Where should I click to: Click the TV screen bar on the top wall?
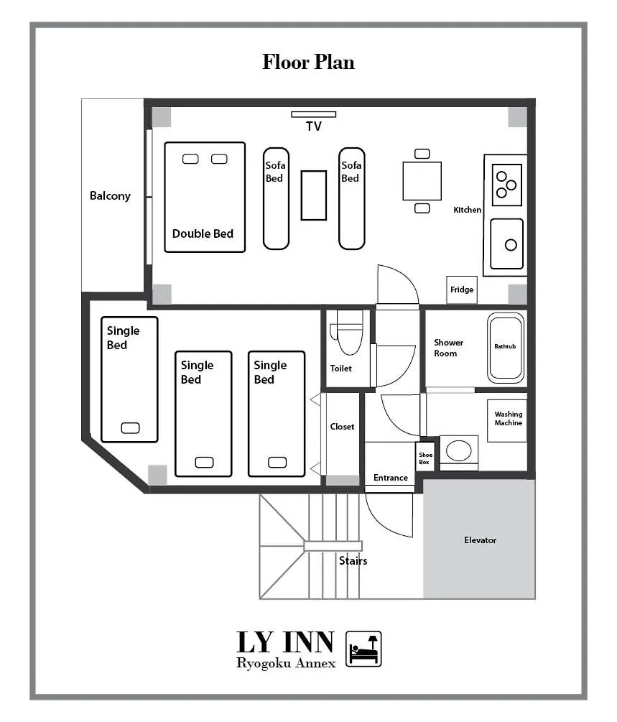coord(314,114)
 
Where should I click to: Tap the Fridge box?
coord(462,290)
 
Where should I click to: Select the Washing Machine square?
coord(507,420)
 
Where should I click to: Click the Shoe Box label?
coord(425,458)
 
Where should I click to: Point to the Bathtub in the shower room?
coord(506,348)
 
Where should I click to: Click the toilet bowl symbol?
coord(348,333)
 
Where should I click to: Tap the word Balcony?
coord(110,196)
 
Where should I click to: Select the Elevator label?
coord(481,540)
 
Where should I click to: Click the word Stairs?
coord(353,561)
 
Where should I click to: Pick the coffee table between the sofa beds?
coord(314,195)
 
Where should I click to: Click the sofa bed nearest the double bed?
coord(277,198)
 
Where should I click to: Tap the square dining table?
coord(422,181)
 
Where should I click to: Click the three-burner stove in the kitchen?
coord(507,185)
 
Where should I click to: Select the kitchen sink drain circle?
coord(511,245)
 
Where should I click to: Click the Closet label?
coord(342,427)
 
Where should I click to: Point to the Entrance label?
coord(391,478)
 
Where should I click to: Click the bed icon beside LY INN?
coord(363,649)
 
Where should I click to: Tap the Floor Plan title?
coord(309,63)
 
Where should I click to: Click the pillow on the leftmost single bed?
coord(130,428)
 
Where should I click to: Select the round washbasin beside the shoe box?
coord(458,450)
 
